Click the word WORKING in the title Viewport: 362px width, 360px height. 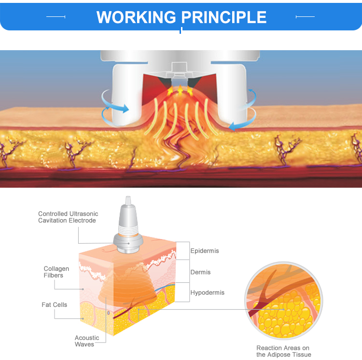[137, 17]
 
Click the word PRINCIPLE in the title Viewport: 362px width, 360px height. [223, 17]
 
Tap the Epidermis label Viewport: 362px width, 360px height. [205, 251]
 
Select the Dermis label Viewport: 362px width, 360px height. [200, 272]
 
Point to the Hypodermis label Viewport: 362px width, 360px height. [207, 293]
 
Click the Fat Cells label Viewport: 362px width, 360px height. [55, 305]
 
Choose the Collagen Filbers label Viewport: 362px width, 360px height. [56, 272]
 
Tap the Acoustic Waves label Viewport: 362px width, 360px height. [87, 341]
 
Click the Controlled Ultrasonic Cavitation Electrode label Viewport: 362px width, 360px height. [68, 217]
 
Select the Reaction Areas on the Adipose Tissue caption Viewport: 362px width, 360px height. [283, 351]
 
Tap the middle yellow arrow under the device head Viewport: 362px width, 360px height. [180, 90]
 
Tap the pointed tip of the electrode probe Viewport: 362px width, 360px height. [128, 200]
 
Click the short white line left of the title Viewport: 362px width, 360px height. [56, 17]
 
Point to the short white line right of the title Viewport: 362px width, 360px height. [305, 17]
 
